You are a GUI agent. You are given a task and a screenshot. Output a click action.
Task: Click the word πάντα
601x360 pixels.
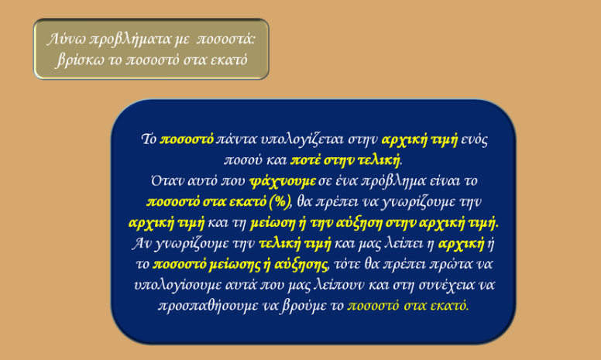pyautogui.click(x=236, y=139)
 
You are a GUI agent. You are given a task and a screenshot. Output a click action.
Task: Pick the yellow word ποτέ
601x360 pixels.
pyautogui.click(x=305, y=160)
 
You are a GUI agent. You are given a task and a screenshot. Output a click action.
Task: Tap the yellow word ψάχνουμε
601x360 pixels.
pyautogui.click(x=283, y=181)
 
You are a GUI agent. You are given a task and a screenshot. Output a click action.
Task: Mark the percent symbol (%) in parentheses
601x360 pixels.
pyautogui.click(x=280, y=202)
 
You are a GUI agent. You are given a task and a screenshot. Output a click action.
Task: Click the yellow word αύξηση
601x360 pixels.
pyautogui.click(x=359, y=223)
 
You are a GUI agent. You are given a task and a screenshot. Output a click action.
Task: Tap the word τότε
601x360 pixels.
pyautogui.click(x=345, y=264)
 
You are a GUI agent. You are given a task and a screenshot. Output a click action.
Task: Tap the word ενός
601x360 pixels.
pyautogui.click(x=474, y=139)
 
